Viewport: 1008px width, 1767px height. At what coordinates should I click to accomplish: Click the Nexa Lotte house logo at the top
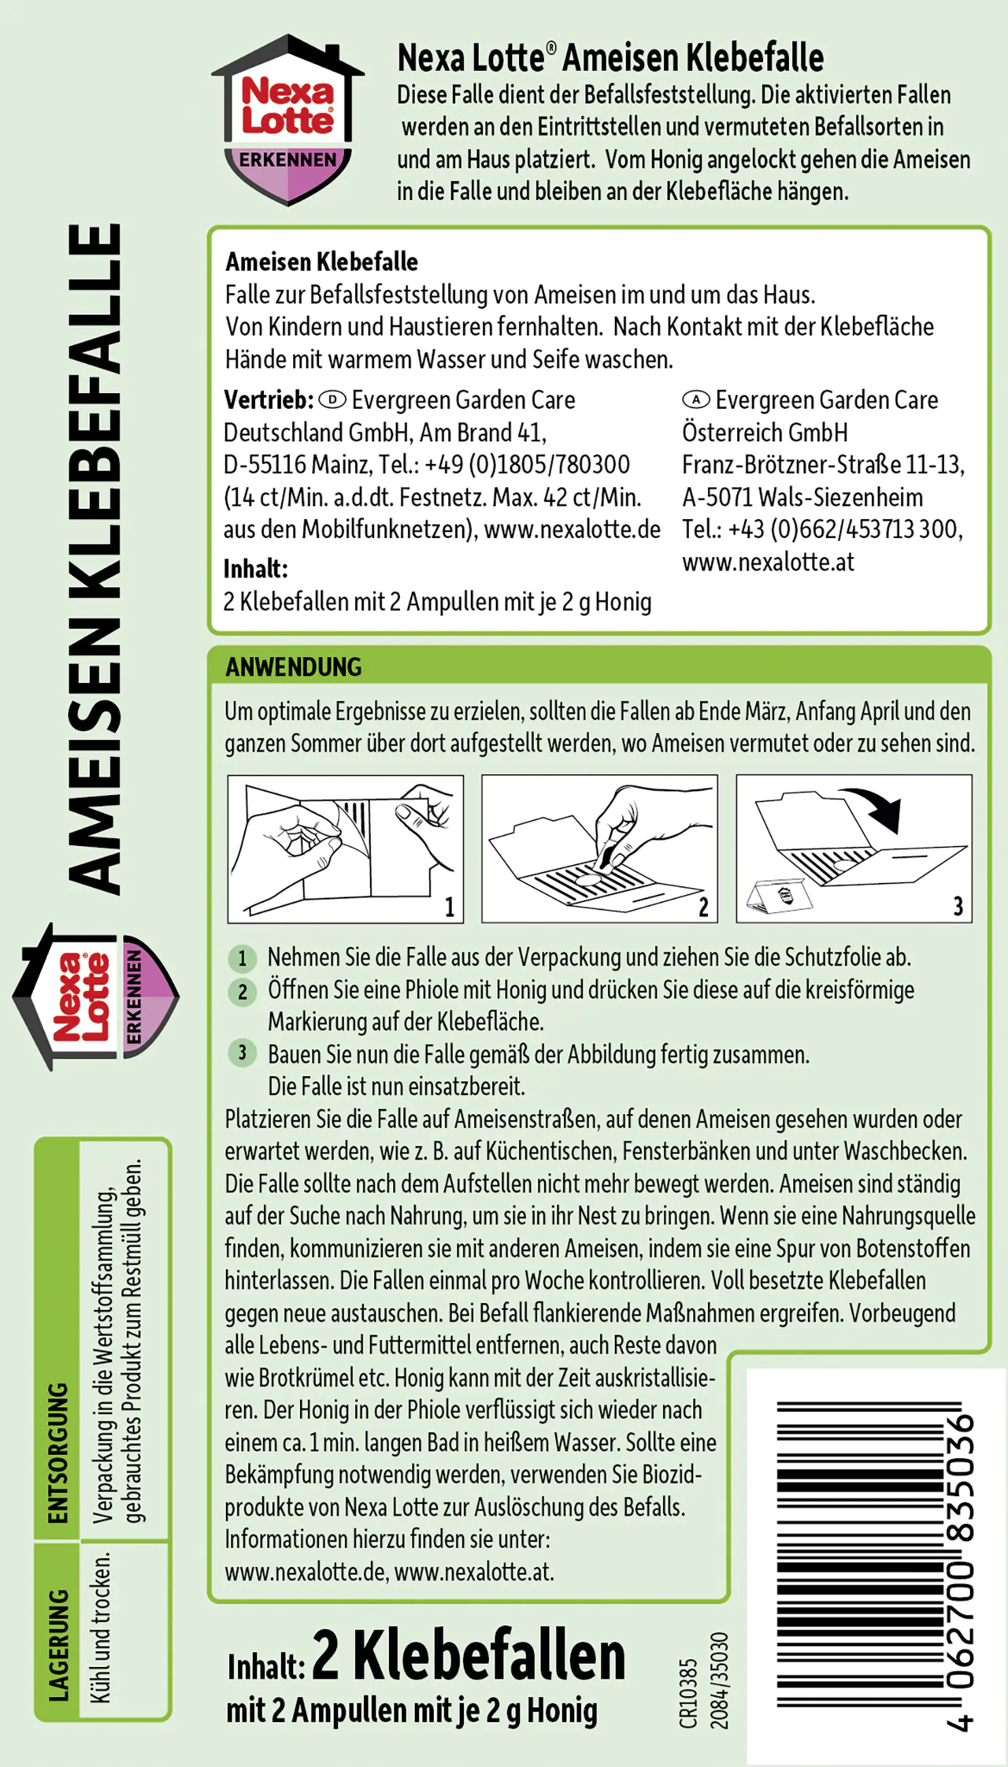(x=287, y=119)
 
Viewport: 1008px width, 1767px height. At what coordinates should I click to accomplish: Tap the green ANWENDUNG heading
(x=293, y=667)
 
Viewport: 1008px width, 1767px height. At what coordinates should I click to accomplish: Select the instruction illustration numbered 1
(x=346, y=849)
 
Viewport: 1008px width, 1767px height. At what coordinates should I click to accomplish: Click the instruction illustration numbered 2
(x=599, y=849)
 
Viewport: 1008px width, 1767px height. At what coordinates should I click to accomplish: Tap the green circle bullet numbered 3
(x=241, y=1053)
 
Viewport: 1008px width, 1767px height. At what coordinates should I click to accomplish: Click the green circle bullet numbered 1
(x=241, y=958)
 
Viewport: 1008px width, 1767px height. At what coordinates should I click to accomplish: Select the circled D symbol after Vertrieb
(x=333, y=400)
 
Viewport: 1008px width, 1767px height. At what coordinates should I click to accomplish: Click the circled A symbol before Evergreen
(x=696, y=400)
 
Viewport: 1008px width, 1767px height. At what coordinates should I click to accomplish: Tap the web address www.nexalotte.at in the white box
(x=768, y=562)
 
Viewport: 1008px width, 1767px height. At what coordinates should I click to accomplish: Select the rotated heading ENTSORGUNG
(x=58, y=1453)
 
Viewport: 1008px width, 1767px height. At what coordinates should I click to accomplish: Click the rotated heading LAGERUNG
(x=58, y=1644)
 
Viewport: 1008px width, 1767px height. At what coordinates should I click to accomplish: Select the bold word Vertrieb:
(x=269, y=400)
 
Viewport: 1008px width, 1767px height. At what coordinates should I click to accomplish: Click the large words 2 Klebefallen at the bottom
(x=469, y=1655)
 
